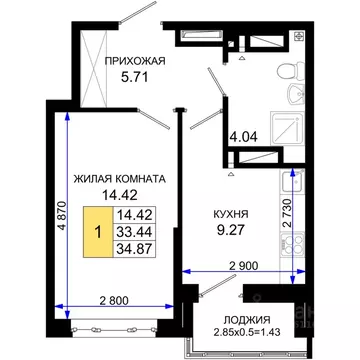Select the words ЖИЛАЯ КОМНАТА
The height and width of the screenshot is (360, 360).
click(119, 179)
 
